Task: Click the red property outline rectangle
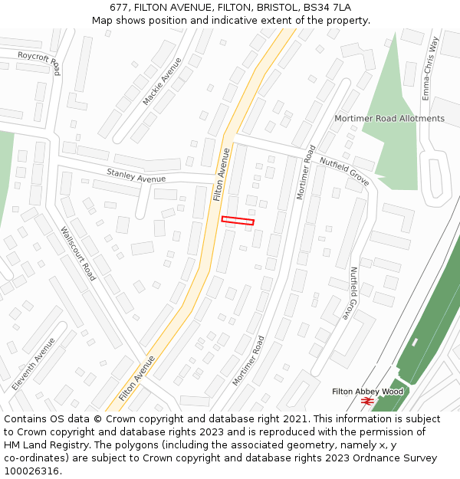238,221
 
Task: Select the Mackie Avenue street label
163,81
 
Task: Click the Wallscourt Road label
77,253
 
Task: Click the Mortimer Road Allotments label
389,119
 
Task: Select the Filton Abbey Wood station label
367,392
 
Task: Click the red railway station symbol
367,401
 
